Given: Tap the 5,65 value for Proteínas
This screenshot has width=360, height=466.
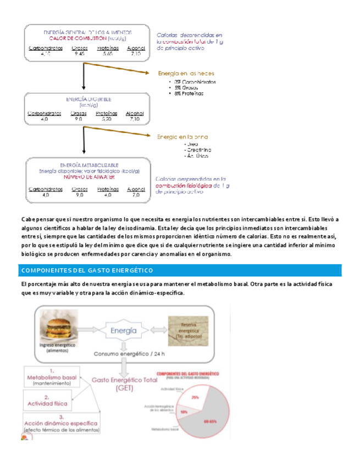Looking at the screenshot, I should pos(107,54).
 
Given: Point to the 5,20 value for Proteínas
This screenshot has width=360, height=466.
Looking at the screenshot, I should pos(107,119).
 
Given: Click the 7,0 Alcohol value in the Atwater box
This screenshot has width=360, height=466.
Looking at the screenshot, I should pos(136,195).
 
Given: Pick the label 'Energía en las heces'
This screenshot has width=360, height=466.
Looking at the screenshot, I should pos(186,73).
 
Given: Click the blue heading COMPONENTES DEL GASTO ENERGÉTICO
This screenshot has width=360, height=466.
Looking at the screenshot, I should pos(86,271).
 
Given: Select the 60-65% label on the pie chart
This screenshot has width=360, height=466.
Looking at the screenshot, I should pos(211,421).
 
